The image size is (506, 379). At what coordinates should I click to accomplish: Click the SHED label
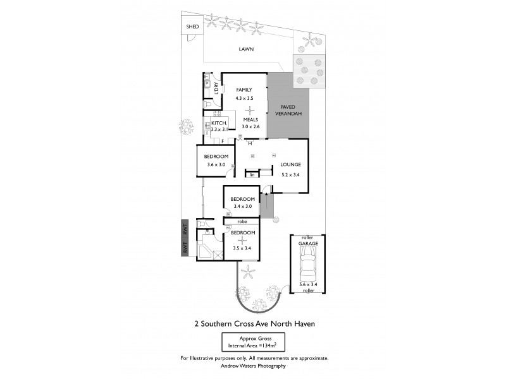[x=192, y=27]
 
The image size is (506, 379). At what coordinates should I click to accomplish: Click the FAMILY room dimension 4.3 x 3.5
[x=244, y=99]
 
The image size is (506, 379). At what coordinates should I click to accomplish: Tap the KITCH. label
[x=219, y=123]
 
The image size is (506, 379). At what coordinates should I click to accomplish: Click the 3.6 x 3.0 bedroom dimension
[x=216, y=165]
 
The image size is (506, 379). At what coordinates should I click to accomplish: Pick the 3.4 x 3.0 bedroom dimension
[x=242, y=206]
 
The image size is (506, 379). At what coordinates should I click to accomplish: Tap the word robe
[x=242, y=222]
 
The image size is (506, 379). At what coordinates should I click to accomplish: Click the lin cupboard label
[x=252, y=174]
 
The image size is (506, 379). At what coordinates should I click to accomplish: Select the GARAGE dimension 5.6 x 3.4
[x=308, y=286]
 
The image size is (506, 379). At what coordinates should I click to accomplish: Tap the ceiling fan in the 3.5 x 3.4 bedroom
[x=243, y=240]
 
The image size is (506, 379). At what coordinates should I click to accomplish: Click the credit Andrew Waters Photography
[x=253, y=366]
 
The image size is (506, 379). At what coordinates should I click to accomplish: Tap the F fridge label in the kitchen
[x=223, y=140]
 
